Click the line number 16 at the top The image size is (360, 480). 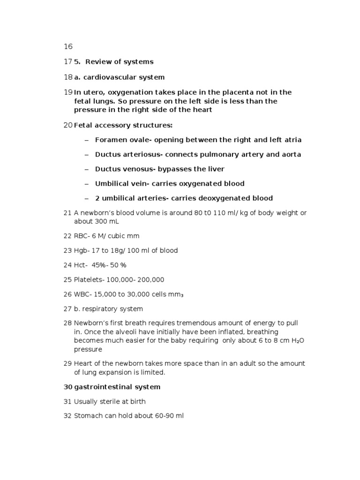(x=68, y=46)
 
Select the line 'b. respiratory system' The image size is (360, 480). (x=108, y=309)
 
